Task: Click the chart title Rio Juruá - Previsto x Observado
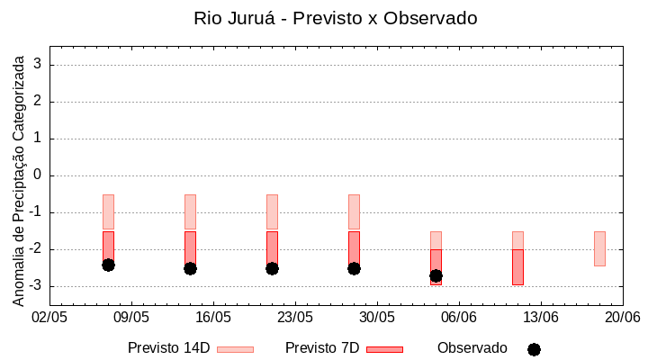336,18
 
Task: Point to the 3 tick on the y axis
39,65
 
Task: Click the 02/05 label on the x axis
49,317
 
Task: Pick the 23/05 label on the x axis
295,317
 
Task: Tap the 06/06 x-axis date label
459,317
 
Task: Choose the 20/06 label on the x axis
623,317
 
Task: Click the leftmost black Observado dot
108,265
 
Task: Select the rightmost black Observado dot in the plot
436,275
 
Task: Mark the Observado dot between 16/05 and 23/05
272,268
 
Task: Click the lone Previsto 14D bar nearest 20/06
599,248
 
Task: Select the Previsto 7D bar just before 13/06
517,267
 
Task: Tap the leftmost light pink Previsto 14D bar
108,211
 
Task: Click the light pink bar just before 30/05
354,211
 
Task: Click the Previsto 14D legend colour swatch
235,349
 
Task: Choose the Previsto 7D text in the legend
321,348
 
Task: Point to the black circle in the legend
534,349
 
